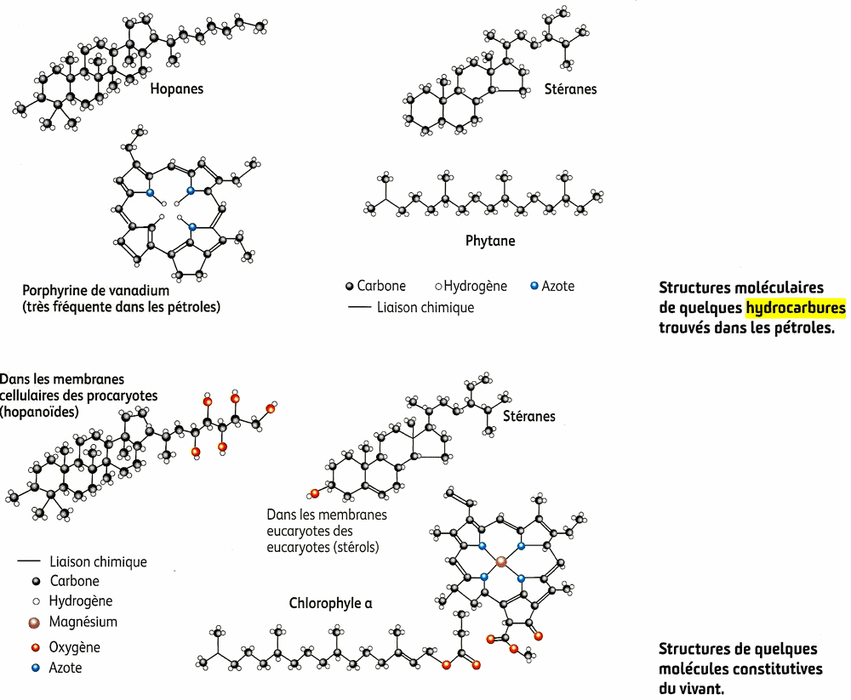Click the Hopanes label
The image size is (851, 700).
[x=176, y=88]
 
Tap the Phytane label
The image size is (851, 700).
[x=490, y=241]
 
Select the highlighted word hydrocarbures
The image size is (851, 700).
[x=795, y=308]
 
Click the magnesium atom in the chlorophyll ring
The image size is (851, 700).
[x=501, y=561]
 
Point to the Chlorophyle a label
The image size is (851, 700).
[x=330, y=603]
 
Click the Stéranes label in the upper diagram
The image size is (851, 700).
[x=570, y=88]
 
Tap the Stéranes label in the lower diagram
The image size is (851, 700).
[x=528, y=416]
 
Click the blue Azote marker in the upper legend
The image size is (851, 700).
[x=534, y=287]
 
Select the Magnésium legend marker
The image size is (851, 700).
[x=35, y=623]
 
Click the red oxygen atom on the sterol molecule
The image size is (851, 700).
[x=314, y=492]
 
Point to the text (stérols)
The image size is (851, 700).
[x=351, y=546]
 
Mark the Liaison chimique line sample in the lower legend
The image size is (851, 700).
[x=29, y=561]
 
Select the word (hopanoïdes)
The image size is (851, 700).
[x=39, y=412]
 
